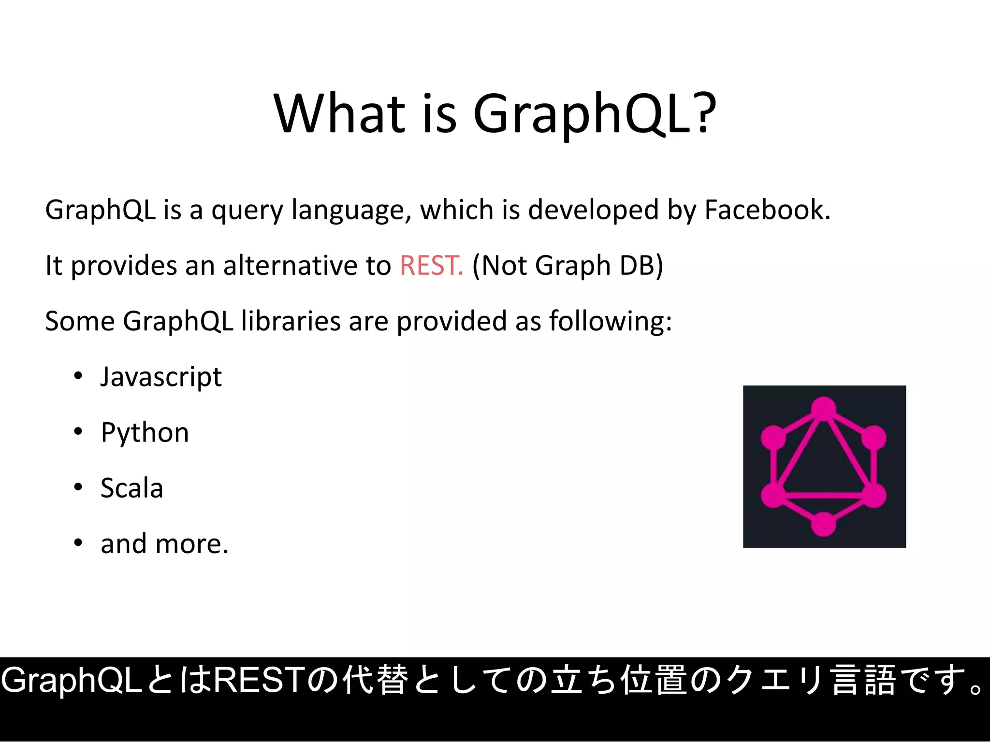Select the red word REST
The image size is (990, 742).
(431, 265)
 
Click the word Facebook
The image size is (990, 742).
(767, 210)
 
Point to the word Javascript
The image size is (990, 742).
(161, 377)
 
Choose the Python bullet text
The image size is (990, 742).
(145, 432)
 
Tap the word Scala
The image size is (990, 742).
(131, 488)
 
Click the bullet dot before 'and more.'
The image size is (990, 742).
(78, 543)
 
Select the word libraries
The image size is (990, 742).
(291, 321)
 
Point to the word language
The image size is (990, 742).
(351, 211)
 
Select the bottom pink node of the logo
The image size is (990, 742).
(824, 524)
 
